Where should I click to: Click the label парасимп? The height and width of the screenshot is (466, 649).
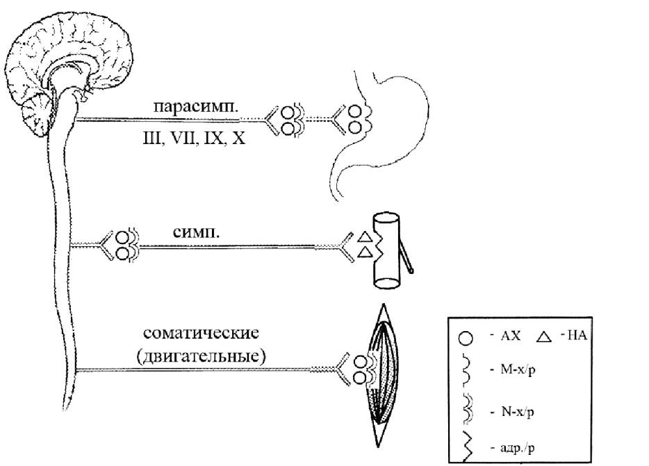pyautogui.click(x=196, y=106)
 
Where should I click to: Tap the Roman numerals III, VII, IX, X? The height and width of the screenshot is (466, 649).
pyautogui.click(x=194, y=138)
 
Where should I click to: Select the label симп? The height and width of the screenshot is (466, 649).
pyautogui.click(x=196, y=232)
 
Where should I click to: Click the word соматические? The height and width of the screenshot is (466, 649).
pyautogui.click(x=201, y=333)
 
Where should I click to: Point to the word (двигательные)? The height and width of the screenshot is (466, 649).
pyautogui.click(x=201, y=356)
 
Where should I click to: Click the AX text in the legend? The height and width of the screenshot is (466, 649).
pyautogui.click(x=510, y=335)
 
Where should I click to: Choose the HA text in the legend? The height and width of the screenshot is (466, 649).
pyautogui.click(x=577, y=335)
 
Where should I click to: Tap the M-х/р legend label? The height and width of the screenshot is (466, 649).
pyautogui.click(x=518, y=369)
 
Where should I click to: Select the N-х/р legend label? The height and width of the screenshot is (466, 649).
pyautogui.click(x=518, y=412)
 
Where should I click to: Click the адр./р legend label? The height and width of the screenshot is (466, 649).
pyautogui.click(x=518, y=448)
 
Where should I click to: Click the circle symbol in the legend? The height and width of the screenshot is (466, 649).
pyautogui.click(x=466, y=338)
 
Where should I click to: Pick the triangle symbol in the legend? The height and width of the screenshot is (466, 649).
pyautogui.click(x=544, y=337)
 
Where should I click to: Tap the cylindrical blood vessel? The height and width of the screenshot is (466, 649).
pyautogui.click(x=386, y=250)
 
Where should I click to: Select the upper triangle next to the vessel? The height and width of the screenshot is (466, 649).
pyautogui.click(x=365, y=237)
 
